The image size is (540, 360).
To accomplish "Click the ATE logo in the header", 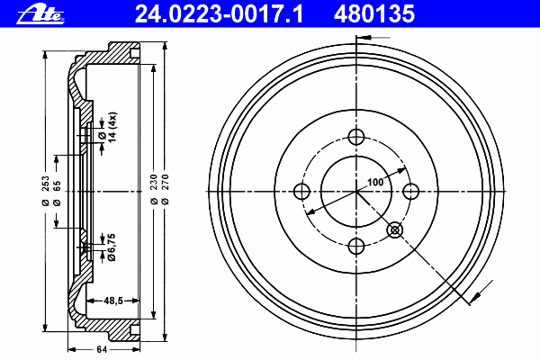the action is pos(40,14).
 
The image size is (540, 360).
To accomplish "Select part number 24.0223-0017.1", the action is pos(219,14).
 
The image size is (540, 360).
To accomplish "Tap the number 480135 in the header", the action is pos(374,14).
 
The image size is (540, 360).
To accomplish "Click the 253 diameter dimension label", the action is pos(46,191).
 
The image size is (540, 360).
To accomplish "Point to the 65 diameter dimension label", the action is pos(57,193).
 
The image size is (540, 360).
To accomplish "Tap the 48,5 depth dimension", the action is pos(113,301).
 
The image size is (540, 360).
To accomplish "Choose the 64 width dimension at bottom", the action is pos(102,350).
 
